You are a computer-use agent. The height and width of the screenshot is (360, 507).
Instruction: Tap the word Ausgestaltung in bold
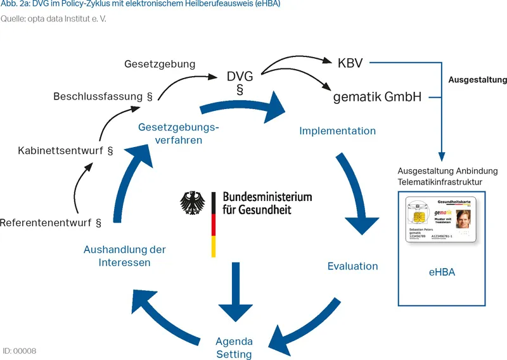tap(477, 80)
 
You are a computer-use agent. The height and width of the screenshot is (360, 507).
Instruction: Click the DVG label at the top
tap(240, 77)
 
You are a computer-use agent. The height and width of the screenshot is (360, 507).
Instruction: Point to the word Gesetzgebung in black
tap(160, 64)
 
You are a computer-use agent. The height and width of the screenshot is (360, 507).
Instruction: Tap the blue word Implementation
tap(337, 131)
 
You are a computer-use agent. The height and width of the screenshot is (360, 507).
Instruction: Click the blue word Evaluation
tap(352, 266)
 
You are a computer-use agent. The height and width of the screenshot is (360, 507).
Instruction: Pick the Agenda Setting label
tap(234, 347)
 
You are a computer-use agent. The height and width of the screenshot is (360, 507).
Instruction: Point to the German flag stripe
tap(214, 225)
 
